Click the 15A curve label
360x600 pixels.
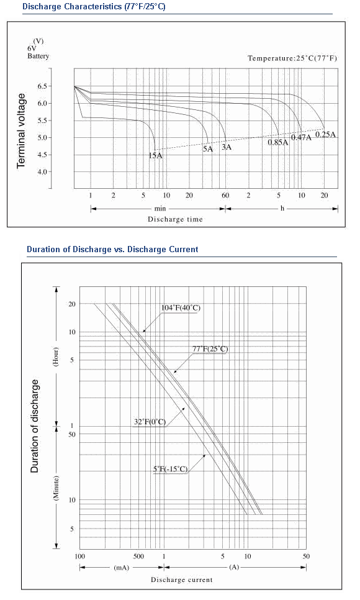pos(155,155)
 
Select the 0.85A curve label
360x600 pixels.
pos(277,142)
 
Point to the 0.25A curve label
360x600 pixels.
pos(326,134)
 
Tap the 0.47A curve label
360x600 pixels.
pos(302,137)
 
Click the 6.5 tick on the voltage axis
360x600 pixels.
pos(42,86)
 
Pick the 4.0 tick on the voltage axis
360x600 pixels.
pos(42,172)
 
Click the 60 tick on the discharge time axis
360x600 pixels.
pos(225,196)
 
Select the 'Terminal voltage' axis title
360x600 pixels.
pos(22,130)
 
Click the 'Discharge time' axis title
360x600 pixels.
pos(175,219)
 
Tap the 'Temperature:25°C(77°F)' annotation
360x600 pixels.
pos(292,58)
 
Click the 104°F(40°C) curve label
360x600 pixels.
pos(181,308)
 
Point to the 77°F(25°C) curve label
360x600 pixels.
pos(210,348)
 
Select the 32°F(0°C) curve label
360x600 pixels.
pos(150,422)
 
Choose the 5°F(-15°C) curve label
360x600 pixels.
pos(171,469)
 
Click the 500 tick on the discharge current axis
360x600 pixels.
pos(138,556)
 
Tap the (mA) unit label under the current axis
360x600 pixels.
pos(121,568)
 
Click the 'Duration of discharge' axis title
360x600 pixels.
pos(35,426)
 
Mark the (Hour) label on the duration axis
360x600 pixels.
pos(56,357)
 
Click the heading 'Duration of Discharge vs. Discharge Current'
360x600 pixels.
pos(112,250)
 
